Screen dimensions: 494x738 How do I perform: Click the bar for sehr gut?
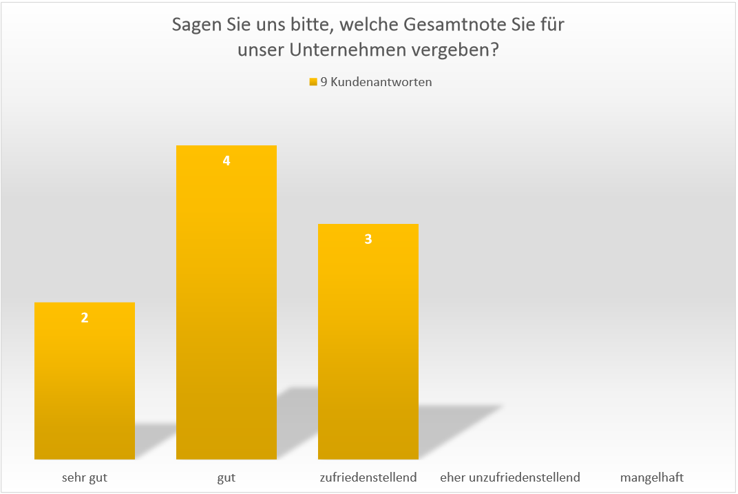(84, 386)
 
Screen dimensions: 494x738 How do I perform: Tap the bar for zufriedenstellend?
(368, 344)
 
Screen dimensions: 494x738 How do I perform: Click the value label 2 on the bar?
(85, 318)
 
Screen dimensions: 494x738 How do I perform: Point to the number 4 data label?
(226, 161)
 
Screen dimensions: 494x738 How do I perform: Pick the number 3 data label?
(368, 239)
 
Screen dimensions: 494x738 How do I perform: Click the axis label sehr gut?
(84, 477)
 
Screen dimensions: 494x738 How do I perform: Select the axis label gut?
(226, 477)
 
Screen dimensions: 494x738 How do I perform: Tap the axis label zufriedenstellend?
(368, 477)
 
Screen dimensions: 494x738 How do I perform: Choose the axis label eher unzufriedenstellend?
(510, 477)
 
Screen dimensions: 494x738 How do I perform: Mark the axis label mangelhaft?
(652, 477)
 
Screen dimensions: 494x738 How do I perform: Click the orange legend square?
(313, 82)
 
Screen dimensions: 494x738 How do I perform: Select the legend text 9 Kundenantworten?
(376, 82)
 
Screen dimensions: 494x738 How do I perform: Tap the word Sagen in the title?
(193, 26)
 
